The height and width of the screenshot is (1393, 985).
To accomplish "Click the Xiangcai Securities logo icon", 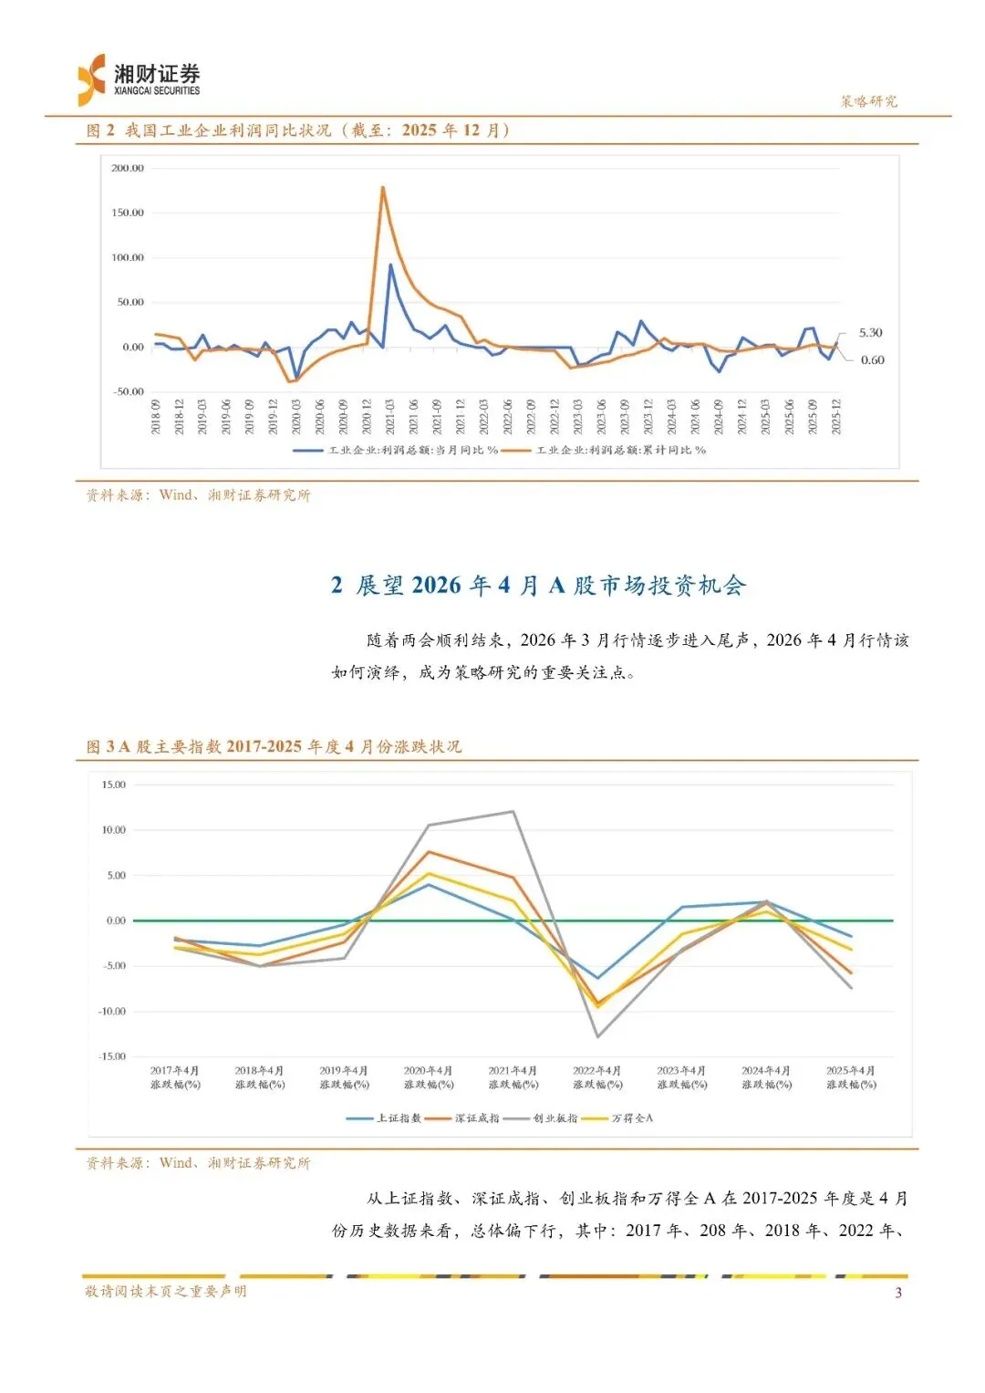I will pos(92,79).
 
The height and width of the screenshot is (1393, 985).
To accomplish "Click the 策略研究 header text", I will pos(868,101).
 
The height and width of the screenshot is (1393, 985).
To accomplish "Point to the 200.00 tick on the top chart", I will pos(128,168).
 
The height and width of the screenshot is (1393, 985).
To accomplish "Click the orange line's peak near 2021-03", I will pos(382,187).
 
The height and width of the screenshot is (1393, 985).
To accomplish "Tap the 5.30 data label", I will pos(870,333).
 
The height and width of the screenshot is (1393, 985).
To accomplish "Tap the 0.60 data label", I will pos(872,360).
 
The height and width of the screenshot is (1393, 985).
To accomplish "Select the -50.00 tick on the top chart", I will pos(129,391).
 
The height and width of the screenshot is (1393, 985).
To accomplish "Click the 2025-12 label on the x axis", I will pos(835,416).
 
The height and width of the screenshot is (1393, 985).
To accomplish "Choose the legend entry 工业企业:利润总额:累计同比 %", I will pos(620,450).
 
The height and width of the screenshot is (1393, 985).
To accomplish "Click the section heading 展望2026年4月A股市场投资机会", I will pos(538,586).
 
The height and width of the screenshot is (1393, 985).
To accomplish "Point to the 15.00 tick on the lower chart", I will pos(114,785).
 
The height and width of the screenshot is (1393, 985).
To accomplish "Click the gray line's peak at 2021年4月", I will pos(513,812).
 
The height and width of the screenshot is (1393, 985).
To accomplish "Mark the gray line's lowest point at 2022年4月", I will pos(597,1036).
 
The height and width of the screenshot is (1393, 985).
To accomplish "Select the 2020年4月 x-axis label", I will pos(429,1077).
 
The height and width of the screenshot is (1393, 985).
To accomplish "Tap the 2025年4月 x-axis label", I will pos(851,1077).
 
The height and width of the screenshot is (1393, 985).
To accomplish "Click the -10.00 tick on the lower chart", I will pos(113,1011).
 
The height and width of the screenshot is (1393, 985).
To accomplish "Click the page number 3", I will pos(898,1293).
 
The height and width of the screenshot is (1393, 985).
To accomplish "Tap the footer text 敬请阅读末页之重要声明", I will pos(166,1291).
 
